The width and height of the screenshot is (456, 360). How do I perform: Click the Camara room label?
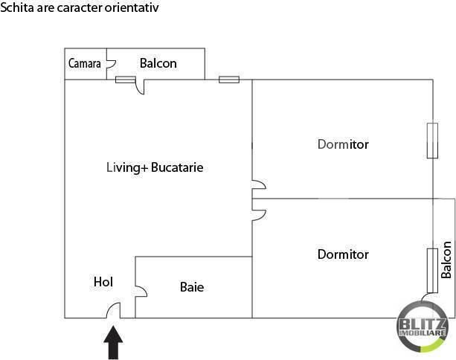85,63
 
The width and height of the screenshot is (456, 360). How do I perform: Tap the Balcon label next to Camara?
158,63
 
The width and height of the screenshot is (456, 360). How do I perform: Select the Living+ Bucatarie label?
155,168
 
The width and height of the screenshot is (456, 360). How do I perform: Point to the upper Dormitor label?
343,144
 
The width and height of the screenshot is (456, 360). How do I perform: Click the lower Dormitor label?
343,254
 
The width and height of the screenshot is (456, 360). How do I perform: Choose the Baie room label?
192,287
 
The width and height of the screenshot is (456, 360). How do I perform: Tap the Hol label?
103,282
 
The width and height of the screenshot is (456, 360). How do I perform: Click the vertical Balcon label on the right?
446,260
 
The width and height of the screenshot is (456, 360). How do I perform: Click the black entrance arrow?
113,343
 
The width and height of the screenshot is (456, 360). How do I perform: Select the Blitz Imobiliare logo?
422,327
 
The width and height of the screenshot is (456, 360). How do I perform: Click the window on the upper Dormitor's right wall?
432,141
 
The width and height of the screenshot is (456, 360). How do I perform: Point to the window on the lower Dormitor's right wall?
432,271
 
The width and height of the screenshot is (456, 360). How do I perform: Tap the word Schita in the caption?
17,7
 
